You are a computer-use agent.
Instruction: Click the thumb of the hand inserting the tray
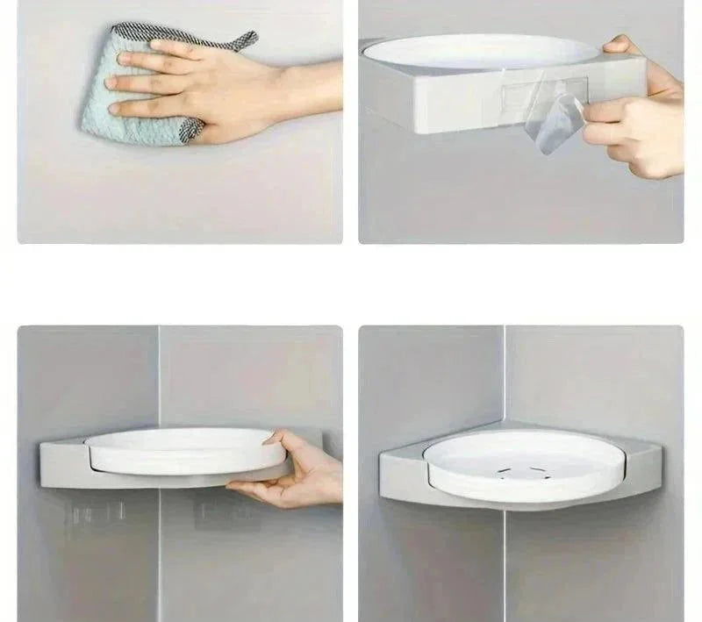click(x=279, y=438)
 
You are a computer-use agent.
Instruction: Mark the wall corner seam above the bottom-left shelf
click(x=159, y=377)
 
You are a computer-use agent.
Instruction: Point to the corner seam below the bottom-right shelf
click(x=505, y=561)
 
